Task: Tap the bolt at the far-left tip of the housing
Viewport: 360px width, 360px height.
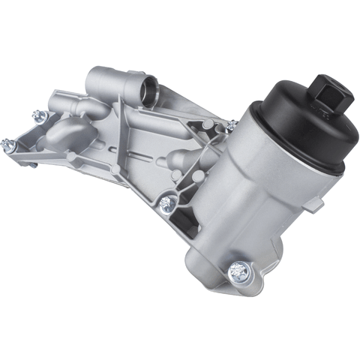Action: (8, 142)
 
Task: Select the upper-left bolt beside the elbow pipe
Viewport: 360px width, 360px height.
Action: (37, 115)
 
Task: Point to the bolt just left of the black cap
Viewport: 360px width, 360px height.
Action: (232, 124)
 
